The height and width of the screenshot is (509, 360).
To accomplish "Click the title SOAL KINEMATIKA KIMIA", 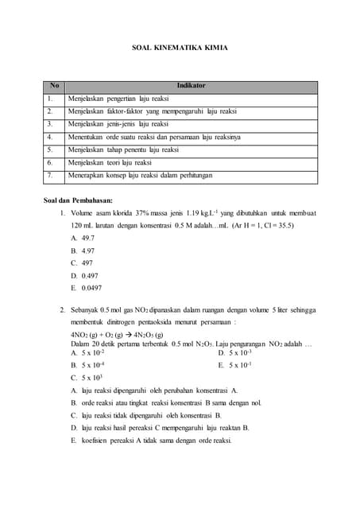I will click(x=180, y=48).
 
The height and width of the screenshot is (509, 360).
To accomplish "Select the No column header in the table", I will click(x=54, y=85).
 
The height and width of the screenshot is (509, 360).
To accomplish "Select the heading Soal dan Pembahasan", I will click(x=78, y=200).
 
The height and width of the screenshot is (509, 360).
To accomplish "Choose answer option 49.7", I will click(x=87, y=238).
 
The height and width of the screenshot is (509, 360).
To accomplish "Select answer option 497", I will click(x=87, y=262).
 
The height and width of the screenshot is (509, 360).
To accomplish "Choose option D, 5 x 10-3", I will click(x=240, y=352).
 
